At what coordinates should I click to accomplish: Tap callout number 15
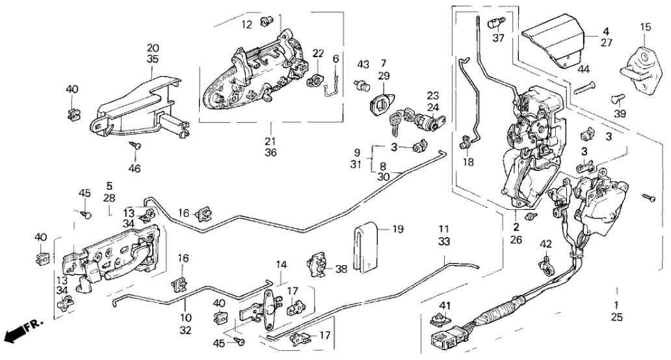tap(645, 27)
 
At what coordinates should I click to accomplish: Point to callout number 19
tap(398, 229)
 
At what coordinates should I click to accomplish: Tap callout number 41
tap(445, 305)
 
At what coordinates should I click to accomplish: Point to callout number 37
tap(498, 38)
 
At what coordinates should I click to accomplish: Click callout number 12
tap(246, 25)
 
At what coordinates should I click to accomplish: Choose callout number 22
tap(317, 53)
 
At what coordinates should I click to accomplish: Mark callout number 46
tap(135, 168)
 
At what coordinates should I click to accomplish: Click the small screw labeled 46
tap(137, 146)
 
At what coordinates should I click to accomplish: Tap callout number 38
tap(342, 268)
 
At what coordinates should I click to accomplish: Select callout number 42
tap(546, 245)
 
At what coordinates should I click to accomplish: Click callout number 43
tap(363, 64)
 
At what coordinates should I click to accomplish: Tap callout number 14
tap(281, 264)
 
